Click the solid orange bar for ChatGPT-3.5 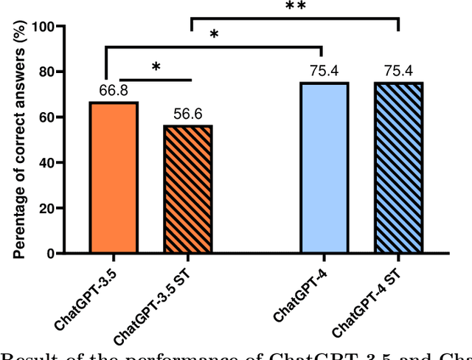(114, 178)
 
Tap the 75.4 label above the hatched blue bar (398, 72)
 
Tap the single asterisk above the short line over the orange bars (156, 67)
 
